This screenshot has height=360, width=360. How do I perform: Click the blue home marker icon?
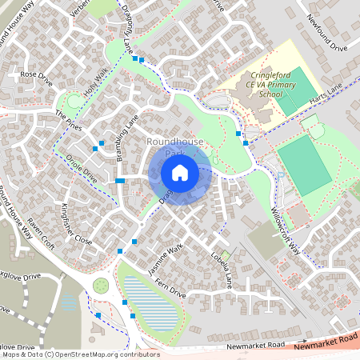(x=180, y=172)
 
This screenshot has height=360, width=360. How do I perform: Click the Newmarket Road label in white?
(x=255, y=346)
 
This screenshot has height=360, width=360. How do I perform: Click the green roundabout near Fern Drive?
(x=101, y=285)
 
